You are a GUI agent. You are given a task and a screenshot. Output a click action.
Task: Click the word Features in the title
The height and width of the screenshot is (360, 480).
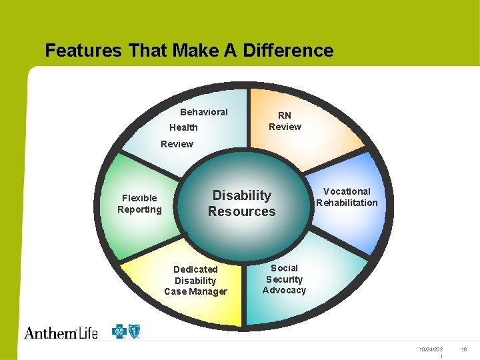83,51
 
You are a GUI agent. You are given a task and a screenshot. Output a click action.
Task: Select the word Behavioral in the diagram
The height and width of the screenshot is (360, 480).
204,112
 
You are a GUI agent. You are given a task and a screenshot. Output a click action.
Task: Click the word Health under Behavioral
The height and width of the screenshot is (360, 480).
183,127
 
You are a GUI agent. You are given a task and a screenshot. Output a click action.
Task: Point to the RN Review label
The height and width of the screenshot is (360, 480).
285,121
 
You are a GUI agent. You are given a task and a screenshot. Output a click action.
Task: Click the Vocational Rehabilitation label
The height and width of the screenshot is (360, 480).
347,197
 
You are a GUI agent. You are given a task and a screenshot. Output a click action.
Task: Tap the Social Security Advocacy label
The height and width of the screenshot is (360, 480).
284,279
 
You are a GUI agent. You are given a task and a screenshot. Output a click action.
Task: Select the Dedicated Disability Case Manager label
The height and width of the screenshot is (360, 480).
195,280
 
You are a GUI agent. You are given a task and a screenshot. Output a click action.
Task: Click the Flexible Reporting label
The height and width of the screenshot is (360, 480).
139,203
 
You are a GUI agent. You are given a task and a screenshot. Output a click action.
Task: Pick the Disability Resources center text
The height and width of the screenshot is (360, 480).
241,203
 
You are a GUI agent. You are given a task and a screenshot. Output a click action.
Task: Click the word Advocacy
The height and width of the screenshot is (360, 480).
284,290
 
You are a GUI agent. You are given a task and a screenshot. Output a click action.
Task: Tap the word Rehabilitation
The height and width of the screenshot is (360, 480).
347,203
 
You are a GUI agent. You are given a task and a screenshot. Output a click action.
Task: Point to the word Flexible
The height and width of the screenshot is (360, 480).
139,198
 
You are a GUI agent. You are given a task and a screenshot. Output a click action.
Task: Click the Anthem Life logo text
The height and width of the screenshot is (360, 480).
61,331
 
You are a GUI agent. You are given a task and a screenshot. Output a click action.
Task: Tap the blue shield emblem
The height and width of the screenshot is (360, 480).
135,331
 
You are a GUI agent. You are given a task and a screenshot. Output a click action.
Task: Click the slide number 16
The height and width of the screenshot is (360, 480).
465,349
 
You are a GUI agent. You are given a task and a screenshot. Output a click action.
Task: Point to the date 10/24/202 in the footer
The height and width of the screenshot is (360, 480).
431,349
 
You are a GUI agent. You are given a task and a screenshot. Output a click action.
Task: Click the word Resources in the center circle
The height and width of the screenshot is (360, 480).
241,211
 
